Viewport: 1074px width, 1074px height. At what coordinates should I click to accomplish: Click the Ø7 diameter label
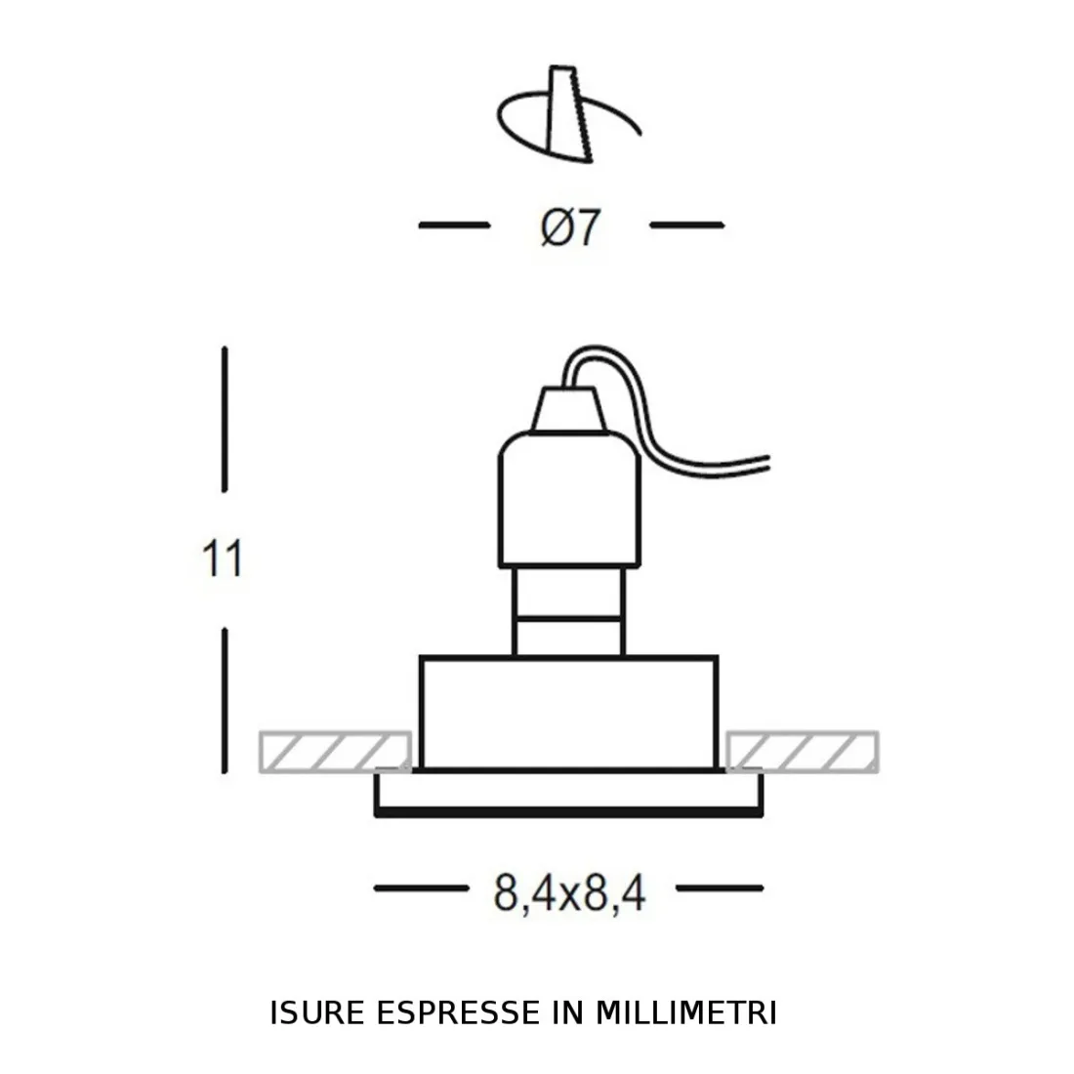coord(569,228)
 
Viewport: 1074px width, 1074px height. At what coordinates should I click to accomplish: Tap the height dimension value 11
coord(222,559)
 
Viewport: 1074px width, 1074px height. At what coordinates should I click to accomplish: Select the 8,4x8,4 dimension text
coord(570,891)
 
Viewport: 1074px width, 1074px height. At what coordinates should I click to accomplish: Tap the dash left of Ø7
coord(453,226)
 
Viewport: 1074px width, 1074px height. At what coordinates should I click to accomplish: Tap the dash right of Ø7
coord(686,226)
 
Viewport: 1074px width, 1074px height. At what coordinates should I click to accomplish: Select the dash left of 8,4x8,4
coord(421,888)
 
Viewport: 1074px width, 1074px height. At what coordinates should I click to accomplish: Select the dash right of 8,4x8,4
coord(720,888)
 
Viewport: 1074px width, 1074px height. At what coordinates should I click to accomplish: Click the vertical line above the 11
coord(226,420)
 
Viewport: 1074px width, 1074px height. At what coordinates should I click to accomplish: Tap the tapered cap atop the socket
coord(568,410)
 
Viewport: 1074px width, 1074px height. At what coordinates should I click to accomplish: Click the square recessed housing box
coord(568,713)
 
